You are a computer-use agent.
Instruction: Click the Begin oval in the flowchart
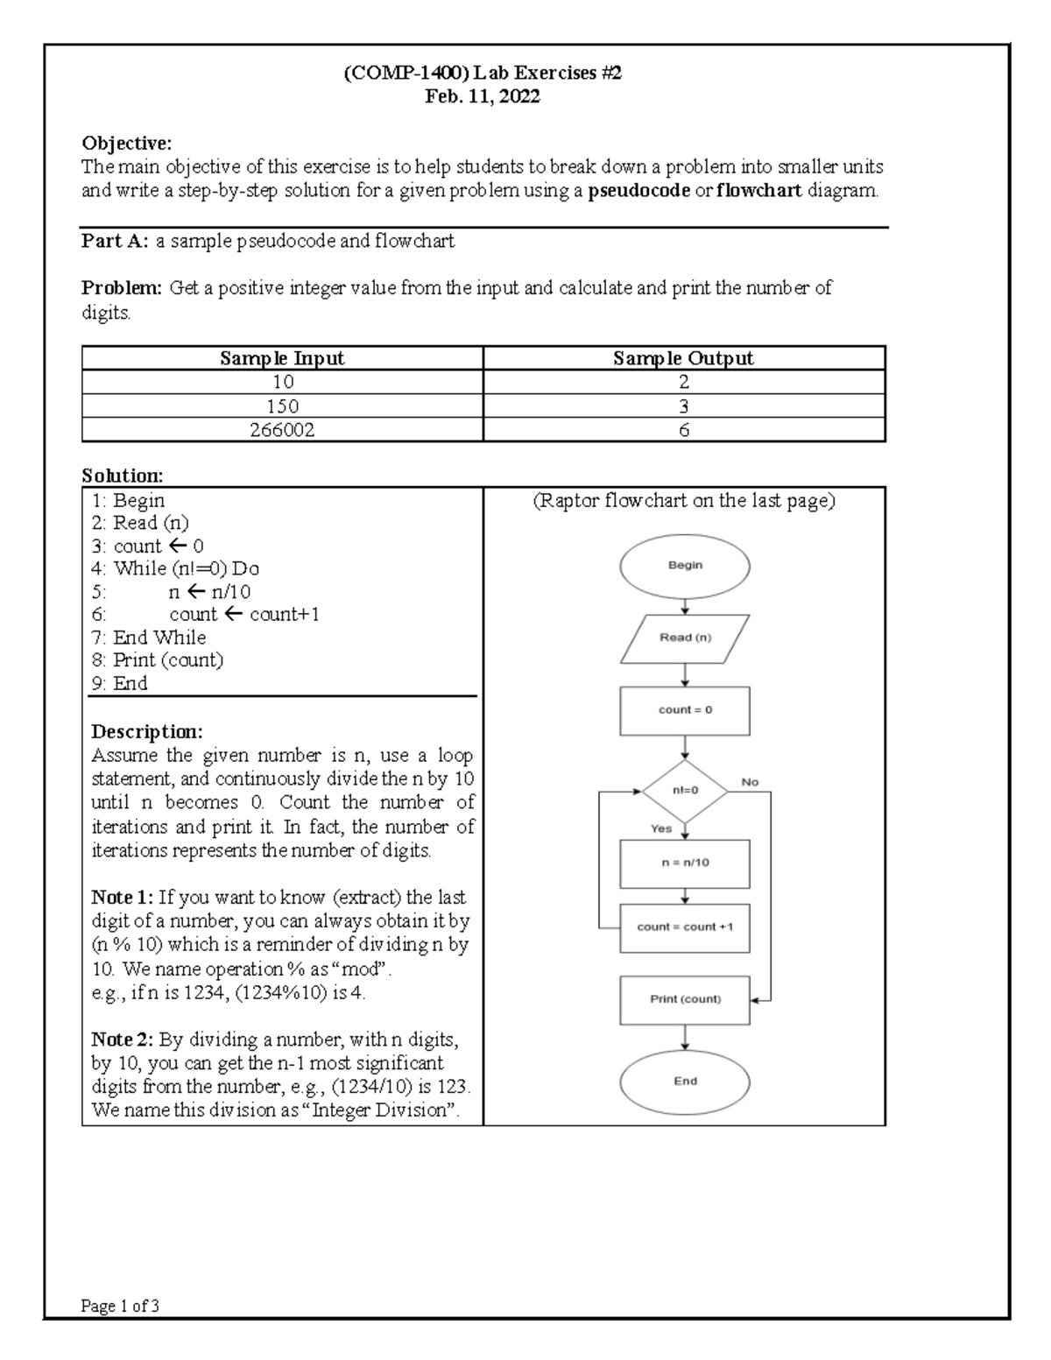click(x=684, y=566)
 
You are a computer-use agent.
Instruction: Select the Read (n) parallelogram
click(x=684, y=638)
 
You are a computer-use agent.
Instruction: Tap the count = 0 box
click(x=684, y=710)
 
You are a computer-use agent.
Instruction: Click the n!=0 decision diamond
click(x=684, y=791)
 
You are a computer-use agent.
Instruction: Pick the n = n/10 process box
click(x=684, y=863)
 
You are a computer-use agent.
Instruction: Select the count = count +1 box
click(x=684, y=927)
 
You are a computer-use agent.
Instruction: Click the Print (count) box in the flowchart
click(x=684, y=999)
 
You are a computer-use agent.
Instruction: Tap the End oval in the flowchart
click(x=684, y=1082)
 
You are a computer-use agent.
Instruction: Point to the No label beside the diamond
click(x=750, y=782)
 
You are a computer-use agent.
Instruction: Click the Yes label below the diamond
click(x=661, y=828)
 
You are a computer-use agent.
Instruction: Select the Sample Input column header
click(x=282, y=358)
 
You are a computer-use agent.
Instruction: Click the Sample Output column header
click(x=683, y=358)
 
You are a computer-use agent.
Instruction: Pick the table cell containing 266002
click(x=282, y=430)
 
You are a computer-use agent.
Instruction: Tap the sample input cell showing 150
click(x=282, y=406)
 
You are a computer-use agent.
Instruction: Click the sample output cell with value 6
click(x=683, y=430)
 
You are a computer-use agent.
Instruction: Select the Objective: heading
click(x=126, y=143)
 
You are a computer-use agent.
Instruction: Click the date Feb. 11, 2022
click(x=482, y=97)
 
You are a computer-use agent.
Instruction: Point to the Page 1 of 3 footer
click(x=120, y=1307)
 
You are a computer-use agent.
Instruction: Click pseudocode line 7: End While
click(x=149, y=638)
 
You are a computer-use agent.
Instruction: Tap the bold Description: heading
click(x=147, y=731)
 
